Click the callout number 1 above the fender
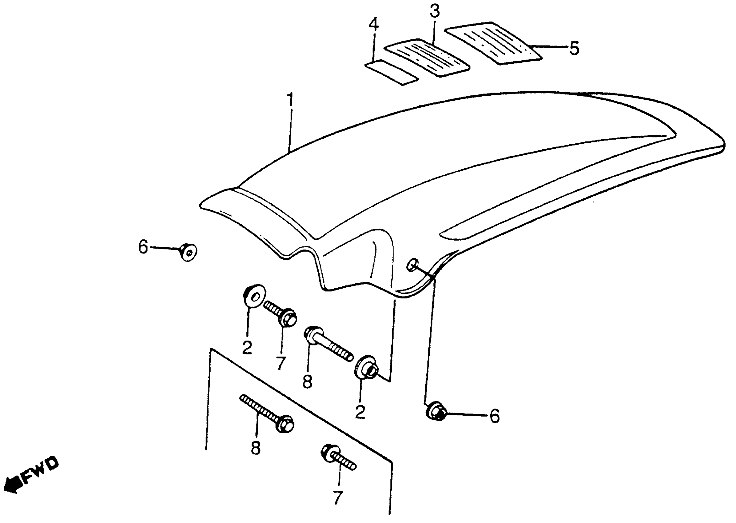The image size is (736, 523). [x=291, y=101]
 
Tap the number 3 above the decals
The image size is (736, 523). [x=434, y=12]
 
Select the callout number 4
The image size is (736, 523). [x=373, y=25]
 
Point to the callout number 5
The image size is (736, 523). [x=574, y=48]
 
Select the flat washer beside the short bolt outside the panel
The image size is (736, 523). [x=254, y=296]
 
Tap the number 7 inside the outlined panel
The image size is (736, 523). [x=337, y=498]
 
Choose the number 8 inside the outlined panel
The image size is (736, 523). [x=256, y=448]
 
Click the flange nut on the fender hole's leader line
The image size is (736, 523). [x=436, y=411]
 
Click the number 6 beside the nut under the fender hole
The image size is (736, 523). [x=494, y=416]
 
